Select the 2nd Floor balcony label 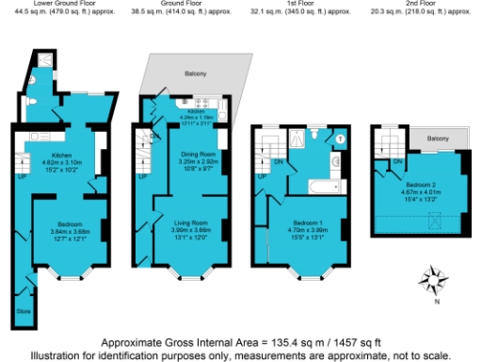tap(437, 139)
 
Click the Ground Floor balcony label tap(195, 74)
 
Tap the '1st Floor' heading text tap(281, 5)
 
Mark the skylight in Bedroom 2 tap(434, 222)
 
